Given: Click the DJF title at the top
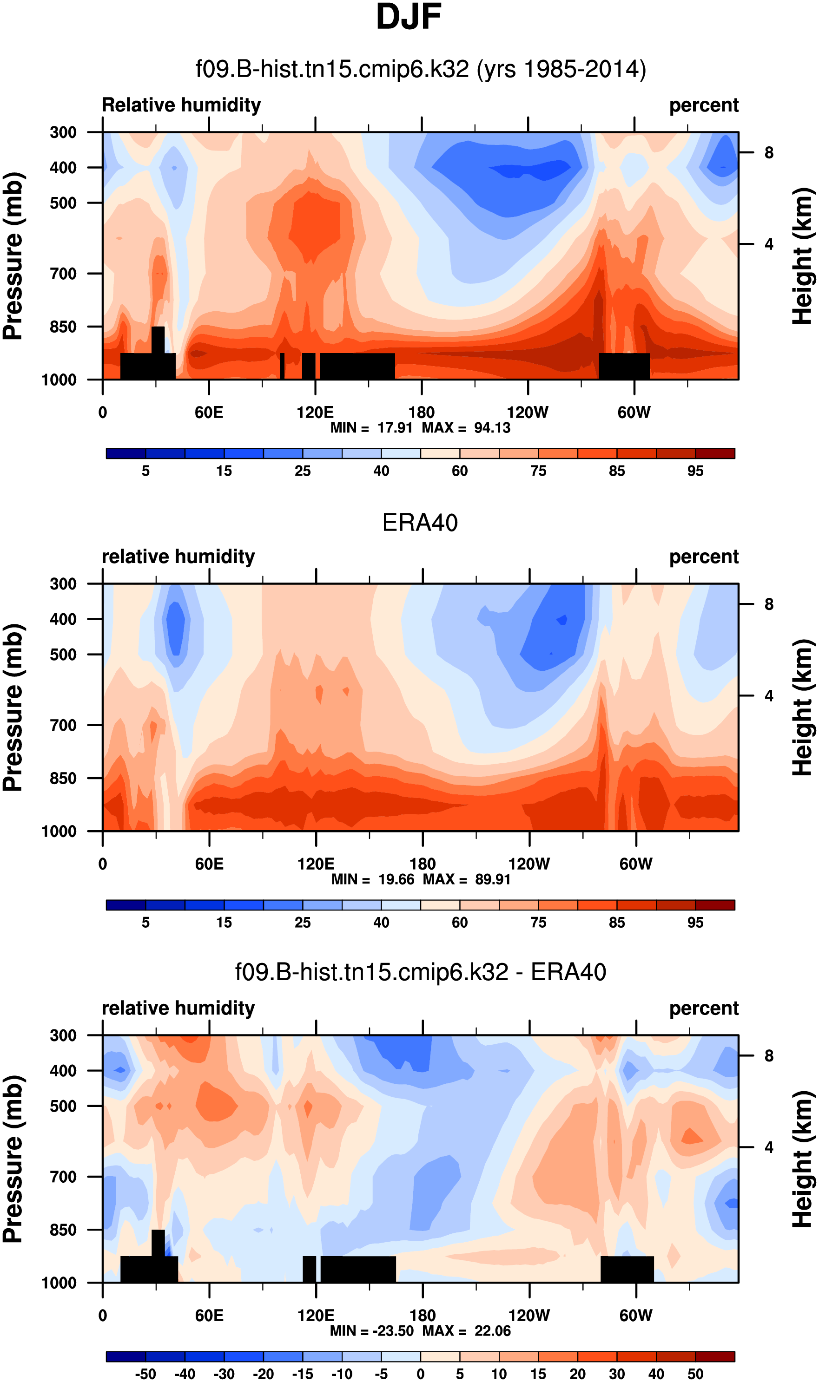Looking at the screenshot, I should click(409, 18).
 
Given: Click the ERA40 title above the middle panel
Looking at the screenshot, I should click(420, 523).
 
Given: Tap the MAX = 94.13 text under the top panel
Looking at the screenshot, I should click(466, 428).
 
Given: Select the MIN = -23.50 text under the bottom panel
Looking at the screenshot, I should click(372, 1331).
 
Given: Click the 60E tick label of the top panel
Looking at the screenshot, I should click(209, 413).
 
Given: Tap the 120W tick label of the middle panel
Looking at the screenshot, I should click(528, 864).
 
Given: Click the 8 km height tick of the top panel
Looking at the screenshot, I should click(769, 153).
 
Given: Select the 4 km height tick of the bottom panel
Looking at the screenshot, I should click(769, 1147).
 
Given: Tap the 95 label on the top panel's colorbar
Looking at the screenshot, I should click(695, 471).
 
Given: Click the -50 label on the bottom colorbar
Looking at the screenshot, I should click(145, 1374).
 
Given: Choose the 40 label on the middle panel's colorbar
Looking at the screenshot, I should click(381, 923).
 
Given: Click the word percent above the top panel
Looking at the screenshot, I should click(704, 105).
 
